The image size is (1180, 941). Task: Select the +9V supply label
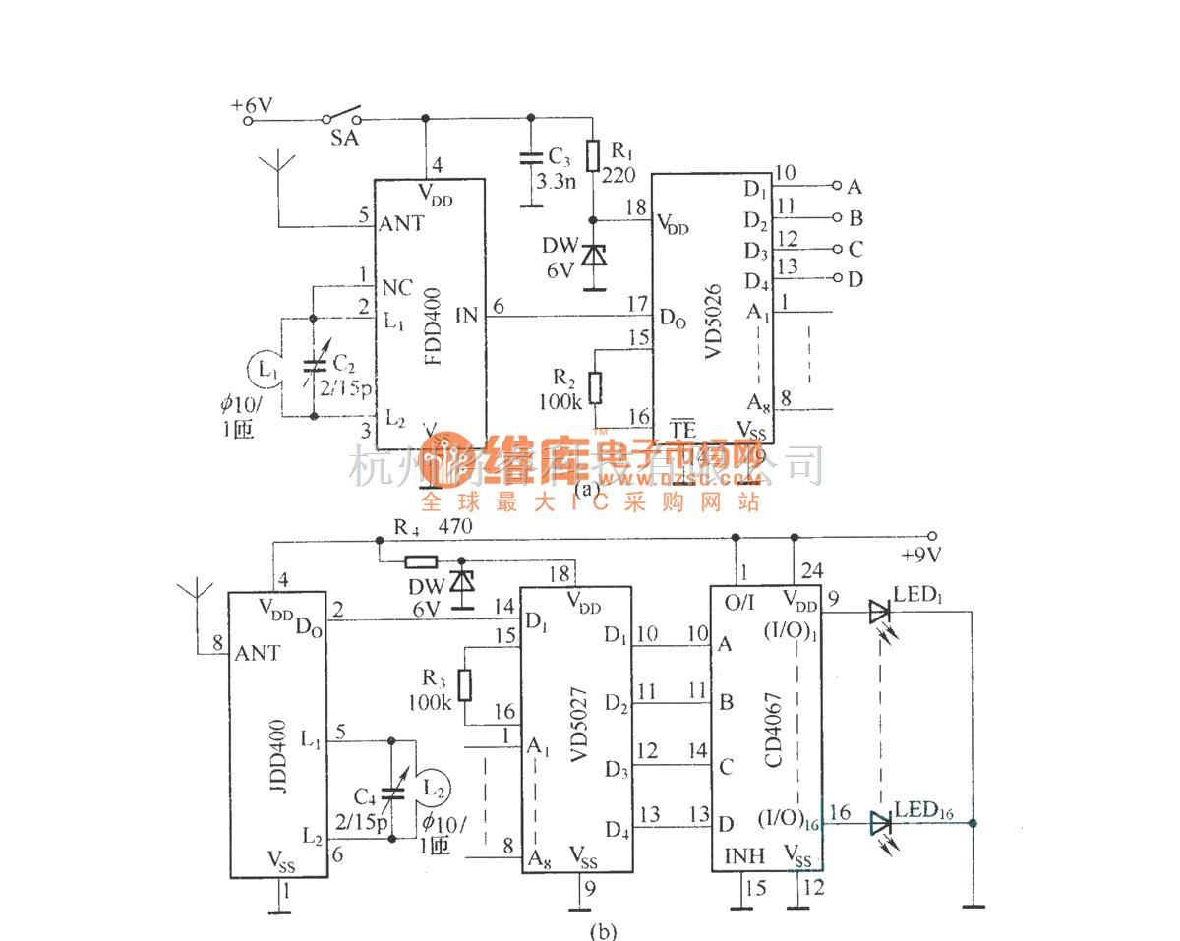pyautogui.click(x=921, y=554)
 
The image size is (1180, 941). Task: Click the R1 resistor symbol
pyautogui.click(x=592, y=156)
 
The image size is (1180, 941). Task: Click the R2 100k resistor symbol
pyautogui.click(x=594, y=382)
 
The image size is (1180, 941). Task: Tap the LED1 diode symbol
pyautogui.click(x=879, y=612)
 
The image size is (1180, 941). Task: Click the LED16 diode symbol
pyautogui.click(x=879, y=823)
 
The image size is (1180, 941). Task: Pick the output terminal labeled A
pyautogui.click(x=838, y=185)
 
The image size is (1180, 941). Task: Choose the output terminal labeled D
pyautogui.click(x=838, y=279)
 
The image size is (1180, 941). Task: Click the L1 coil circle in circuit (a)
pyautogui.click(x=262, y=370)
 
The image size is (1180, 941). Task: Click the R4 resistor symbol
pyautogui.click(x=422, y=562)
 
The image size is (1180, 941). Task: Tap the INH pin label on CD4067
pyautogui.click(x=744, y=856)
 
